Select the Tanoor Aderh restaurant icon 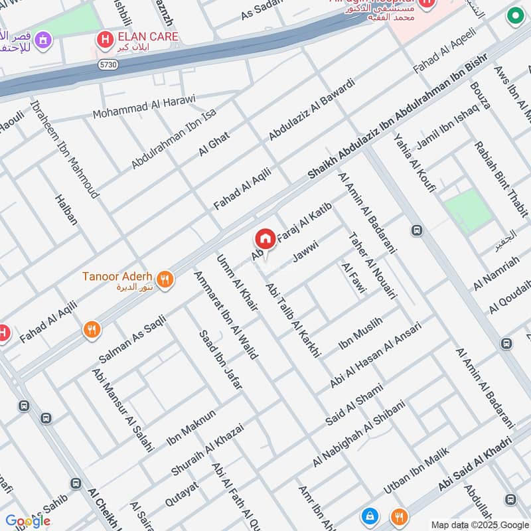166,279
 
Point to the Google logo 28,521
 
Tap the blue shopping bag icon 368,515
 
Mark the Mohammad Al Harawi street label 144,107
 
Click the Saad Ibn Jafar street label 220,358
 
